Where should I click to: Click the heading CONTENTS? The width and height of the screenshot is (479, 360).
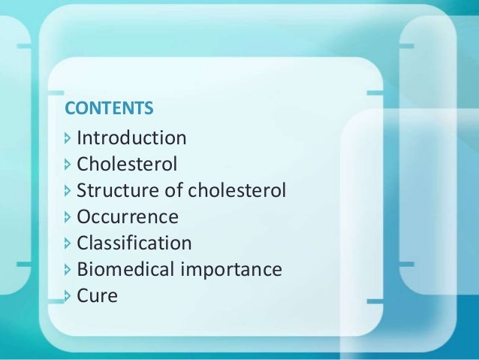109,109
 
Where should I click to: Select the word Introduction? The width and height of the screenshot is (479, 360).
131,138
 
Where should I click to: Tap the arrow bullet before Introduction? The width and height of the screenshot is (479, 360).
69,138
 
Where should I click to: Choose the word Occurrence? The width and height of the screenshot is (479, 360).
128,217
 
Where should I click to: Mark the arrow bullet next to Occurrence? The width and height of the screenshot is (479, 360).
69,217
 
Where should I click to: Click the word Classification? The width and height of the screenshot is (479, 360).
134,244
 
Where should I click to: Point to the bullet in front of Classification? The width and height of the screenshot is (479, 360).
69,244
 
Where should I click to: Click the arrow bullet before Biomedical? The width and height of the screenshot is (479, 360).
69,269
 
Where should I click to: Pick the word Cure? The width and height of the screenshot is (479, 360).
98,295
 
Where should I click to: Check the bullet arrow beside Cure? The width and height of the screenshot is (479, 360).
69,295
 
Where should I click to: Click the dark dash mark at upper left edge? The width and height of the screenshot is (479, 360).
23,46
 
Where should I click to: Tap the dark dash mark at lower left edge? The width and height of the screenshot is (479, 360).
23,265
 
